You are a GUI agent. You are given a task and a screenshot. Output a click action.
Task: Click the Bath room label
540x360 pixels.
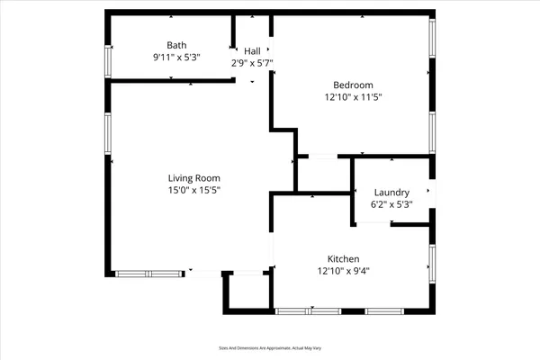tap(176, 45)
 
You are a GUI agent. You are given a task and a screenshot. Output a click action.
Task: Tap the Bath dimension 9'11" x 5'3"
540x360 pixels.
tap(176, 58)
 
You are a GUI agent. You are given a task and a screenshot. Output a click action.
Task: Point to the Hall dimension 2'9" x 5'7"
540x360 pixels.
tap(252, 63)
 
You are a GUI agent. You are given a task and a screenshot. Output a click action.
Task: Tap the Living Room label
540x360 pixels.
tap(193, 178)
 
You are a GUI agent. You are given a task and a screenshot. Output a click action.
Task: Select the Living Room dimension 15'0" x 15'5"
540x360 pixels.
tap(193, 190)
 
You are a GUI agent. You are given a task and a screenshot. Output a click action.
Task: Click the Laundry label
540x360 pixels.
tap(391, 193)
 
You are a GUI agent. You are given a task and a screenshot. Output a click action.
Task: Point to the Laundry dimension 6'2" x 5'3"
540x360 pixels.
tap(391, 204)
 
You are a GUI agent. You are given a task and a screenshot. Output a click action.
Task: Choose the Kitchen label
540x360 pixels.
tap(344, 256)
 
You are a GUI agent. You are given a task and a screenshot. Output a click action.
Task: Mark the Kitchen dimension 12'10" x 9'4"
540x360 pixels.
tap(344, 269)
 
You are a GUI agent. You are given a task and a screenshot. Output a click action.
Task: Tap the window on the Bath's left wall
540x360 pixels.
tap(108, 61)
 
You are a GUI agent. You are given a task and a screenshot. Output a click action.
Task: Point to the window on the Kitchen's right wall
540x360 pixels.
tap(432, 264)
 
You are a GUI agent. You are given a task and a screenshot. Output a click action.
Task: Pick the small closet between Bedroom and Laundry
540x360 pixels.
tap(323, 174)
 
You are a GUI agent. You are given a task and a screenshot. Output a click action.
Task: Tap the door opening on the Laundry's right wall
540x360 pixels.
tap(432, 193)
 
